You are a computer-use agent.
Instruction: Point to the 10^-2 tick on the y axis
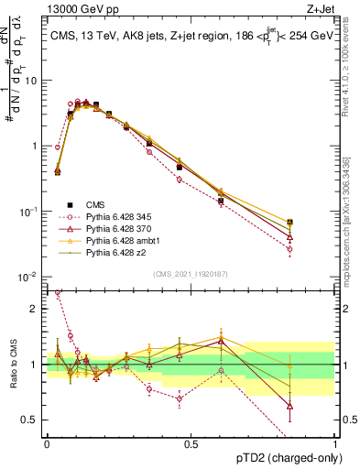click(x=27, y=277)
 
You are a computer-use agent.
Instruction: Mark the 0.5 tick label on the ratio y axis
click(x=30, y=421)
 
